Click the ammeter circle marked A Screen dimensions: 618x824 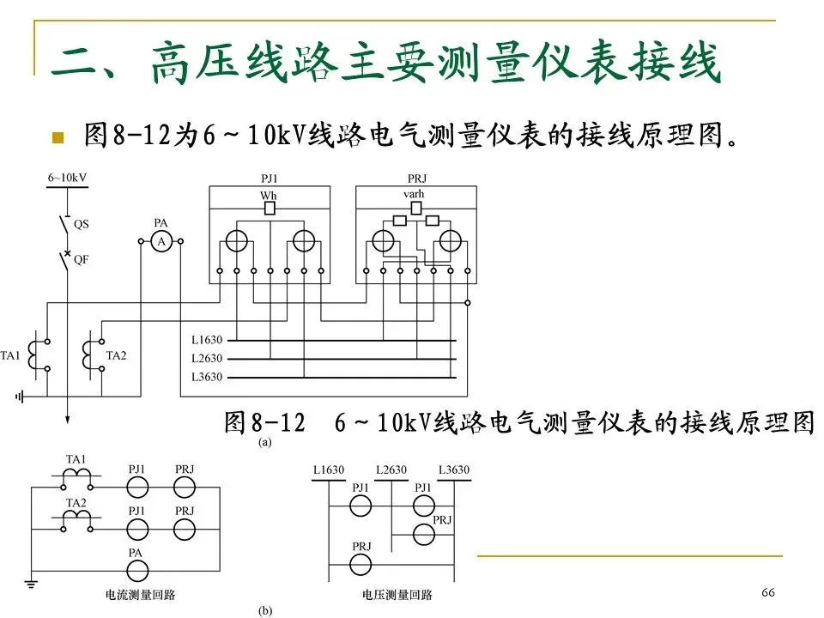[161, 243]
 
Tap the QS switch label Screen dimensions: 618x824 [82, 224]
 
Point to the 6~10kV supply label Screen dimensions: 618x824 [66, 178]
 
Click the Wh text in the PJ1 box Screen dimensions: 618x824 [269, 196]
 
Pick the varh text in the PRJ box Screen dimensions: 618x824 [414, 195]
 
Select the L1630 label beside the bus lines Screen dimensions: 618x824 [207, 340]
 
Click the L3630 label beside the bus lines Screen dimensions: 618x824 [207, 377]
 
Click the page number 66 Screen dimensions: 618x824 [767, 593]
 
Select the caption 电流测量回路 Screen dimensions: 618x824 [140, 594]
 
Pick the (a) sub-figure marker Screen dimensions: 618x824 [265, 444]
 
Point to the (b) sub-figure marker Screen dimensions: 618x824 [265, 611]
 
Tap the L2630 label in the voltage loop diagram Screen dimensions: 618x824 [391, 470]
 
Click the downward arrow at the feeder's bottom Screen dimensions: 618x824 [65, 419]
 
